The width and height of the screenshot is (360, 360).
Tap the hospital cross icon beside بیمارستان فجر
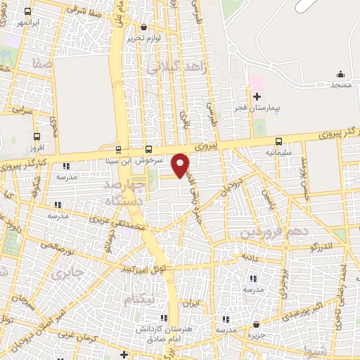point(257,96)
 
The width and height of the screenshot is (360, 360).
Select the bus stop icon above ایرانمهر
point(27,12)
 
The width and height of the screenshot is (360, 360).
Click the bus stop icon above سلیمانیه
point(279,141)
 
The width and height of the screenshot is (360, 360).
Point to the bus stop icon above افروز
point(37,136)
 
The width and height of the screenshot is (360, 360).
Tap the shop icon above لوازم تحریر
point(144,27)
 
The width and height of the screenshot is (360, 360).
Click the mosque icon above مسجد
point(341,74)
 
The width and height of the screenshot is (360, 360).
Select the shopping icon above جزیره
point(257,325)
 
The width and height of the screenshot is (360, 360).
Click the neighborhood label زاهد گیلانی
point(175,67)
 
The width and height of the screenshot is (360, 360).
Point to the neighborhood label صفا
point(41,63)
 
